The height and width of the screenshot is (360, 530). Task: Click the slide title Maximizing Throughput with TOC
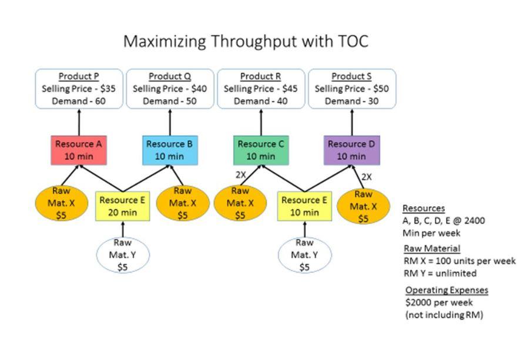tap(246, 42)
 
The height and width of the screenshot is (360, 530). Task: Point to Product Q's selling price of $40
tap(170, 89)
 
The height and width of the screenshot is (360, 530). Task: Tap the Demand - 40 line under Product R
tap(261, 101)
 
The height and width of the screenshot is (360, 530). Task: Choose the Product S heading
tap(351, 76)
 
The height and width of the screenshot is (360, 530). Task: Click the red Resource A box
tap(79, 150)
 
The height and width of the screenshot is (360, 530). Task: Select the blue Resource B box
tap(170, 150)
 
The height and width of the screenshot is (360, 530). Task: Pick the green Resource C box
tap(261, 150)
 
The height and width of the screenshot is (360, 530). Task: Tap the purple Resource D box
tap(351, 150)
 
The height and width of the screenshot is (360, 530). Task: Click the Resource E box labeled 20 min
tap(122, 206)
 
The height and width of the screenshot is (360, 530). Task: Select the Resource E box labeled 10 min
tap(304, 206)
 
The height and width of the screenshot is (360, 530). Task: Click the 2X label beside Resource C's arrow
tap(241, 174)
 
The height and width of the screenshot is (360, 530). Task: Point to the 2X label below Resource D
tap(366, 177)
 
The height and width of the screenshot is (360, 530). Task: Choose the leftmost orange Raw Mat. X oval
tap(61, 203)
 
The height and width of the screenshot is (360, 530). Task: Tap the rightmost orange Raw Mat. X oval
tap(363, 206)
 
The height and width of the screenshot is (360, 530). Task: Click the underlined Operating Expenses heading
tap(447, 290)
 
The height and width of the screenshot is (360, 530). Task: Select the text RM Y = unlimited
tap(440, 273)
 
